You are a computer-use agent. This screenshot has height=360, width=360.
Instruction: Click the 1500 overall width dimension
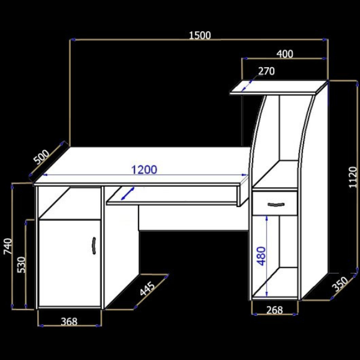(200, 35)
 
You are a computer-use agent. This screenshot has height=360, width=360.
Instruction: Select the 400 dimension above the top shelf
(284, 54)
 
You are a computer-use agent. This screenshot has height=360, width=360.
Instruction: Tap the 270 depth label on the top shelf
(266, 71)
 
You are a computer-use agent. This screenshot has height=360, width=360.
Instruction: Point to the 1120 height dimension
(353, 178)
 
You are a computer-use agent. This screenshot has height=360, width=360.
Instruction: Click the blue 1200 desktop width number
(144, 170)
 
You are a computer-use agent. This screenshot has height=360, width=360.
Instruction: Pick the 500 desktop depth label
(41, 157)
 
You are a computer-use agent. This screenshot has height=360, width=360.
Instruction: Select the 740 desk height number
(8, 247)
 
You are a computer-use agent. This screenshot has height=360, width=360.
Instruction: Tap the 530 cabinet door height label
(22, 265)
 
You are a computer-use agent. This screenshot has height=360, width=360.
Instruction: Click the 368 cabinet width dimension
(69, 322)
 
